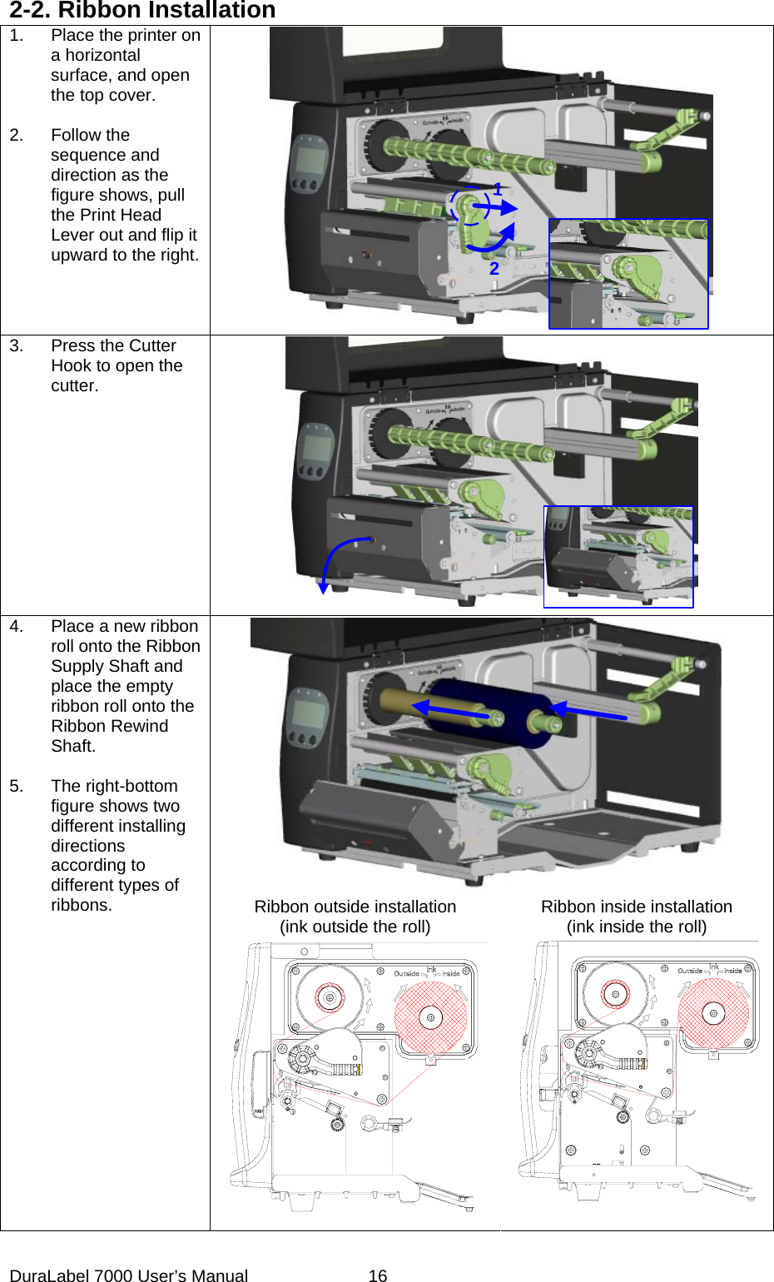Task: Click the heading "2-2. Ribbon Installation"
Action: (142, 11)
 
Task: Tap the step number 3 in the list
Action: (16, 346)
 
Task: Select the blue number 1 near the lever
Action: (497, 190)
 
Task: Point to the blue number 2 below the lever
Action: (494, 268)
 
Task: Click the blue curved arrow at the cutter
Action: (337, 558)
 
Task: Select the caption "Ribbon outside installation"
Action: (355, 907)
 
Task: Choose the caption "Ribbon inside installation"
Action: (637, 907)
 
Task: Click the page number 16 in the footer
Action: (378, 1275)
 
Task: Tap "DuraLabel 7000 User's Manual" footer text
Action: (129, 1275)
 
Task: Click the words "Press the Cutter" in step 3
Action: (113, 346)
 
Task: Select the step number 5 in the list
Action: (16, 787)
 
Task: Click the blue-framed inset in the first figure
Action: (628, 274)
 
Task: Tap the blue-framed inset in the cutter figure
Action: (618, 557)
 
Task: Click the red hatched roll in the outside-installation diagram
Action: (430, 1017)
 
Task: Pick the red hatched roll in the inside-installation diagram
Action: (713, 1013)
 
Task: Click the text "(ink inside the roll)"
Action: (637, 927)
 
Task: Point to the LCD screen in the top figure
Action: (310, 157)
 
